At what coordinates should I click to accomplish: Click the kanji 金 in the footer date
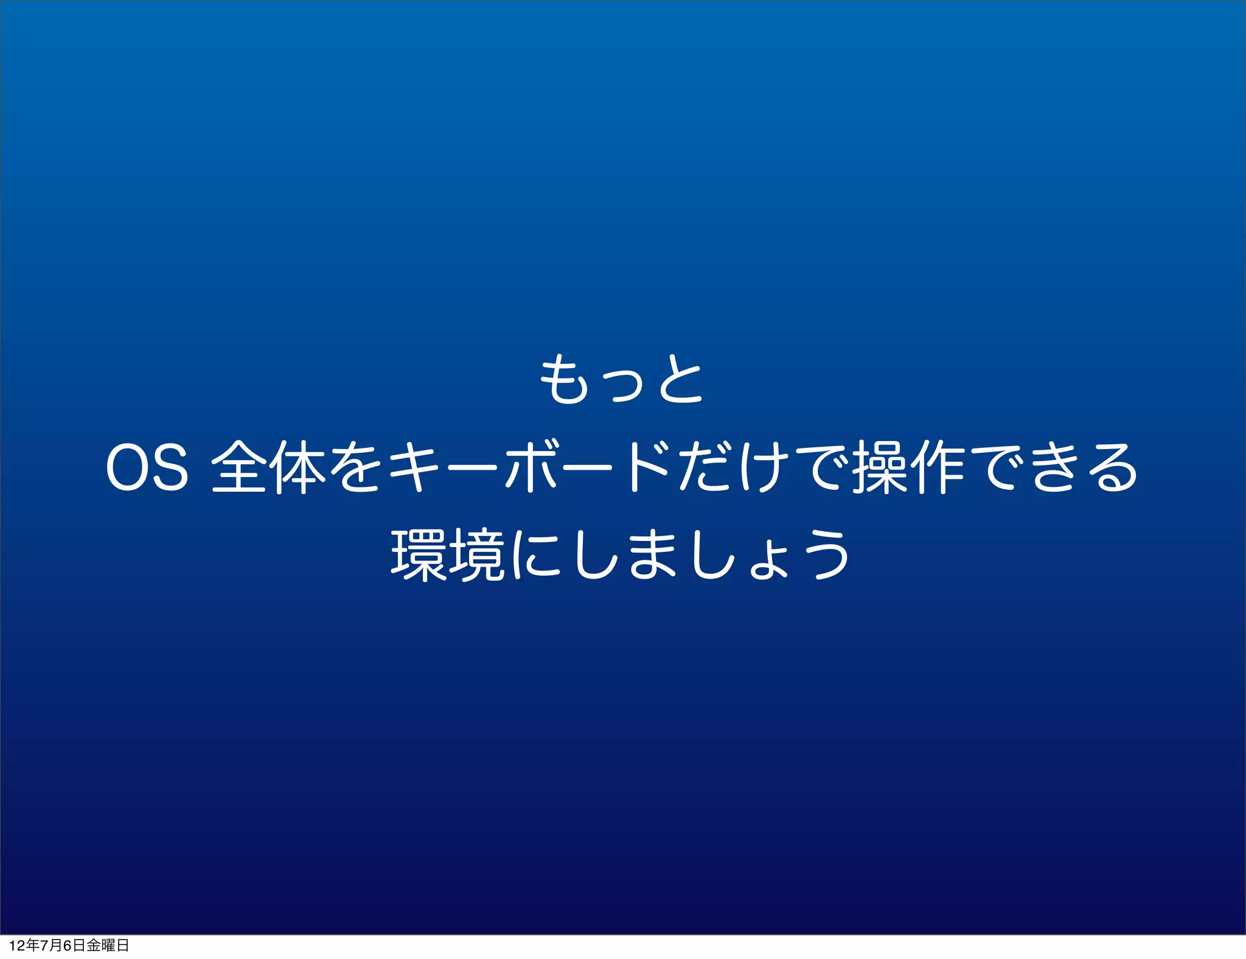coord(93,946)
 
